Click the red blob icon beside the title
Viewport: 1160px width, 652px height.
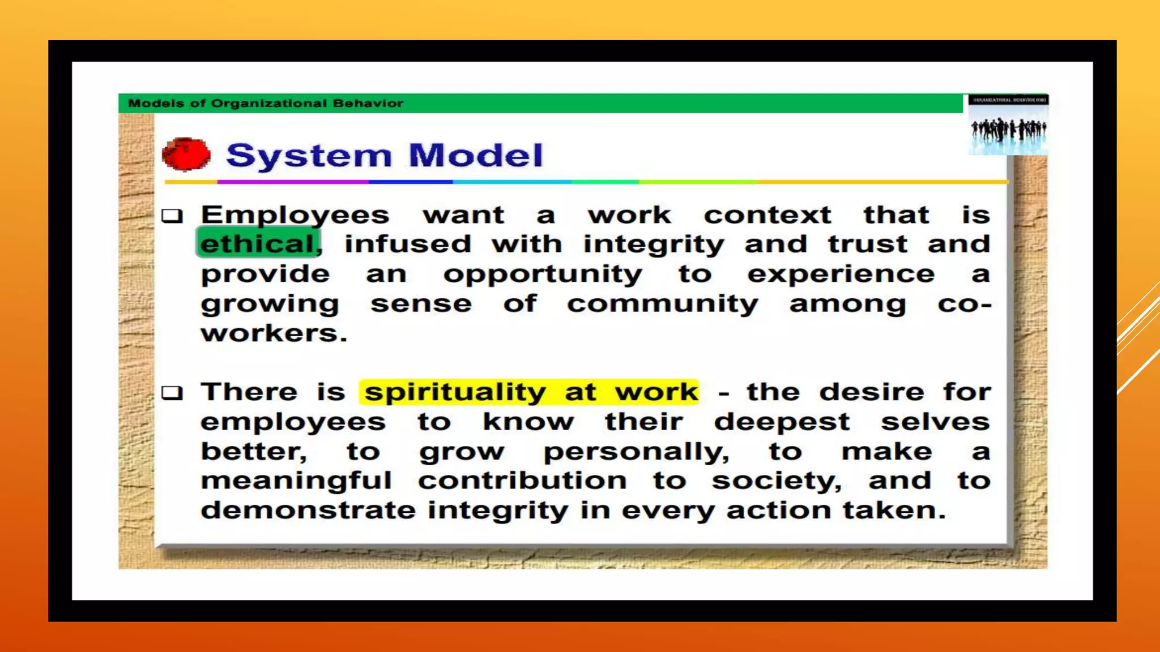186,154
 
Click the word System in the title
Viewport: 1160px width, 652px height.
309,156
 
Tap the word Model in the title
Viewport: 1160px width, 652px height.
475,156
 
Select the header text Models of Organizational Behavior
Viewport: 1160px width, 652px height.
266,104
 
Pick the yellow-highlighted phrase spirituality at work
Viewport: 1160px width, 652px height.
530,392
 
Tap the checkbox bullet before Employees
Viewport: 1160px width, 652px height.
172,216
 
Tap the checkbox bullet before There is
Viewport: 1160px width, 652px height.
172,393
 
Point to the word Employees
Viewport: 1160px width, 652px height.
295,216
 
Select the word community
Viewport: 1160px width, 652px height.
662,304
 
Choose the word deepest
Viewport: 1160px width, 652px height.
782,422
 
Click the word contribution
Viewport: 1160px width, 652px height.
523,481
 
